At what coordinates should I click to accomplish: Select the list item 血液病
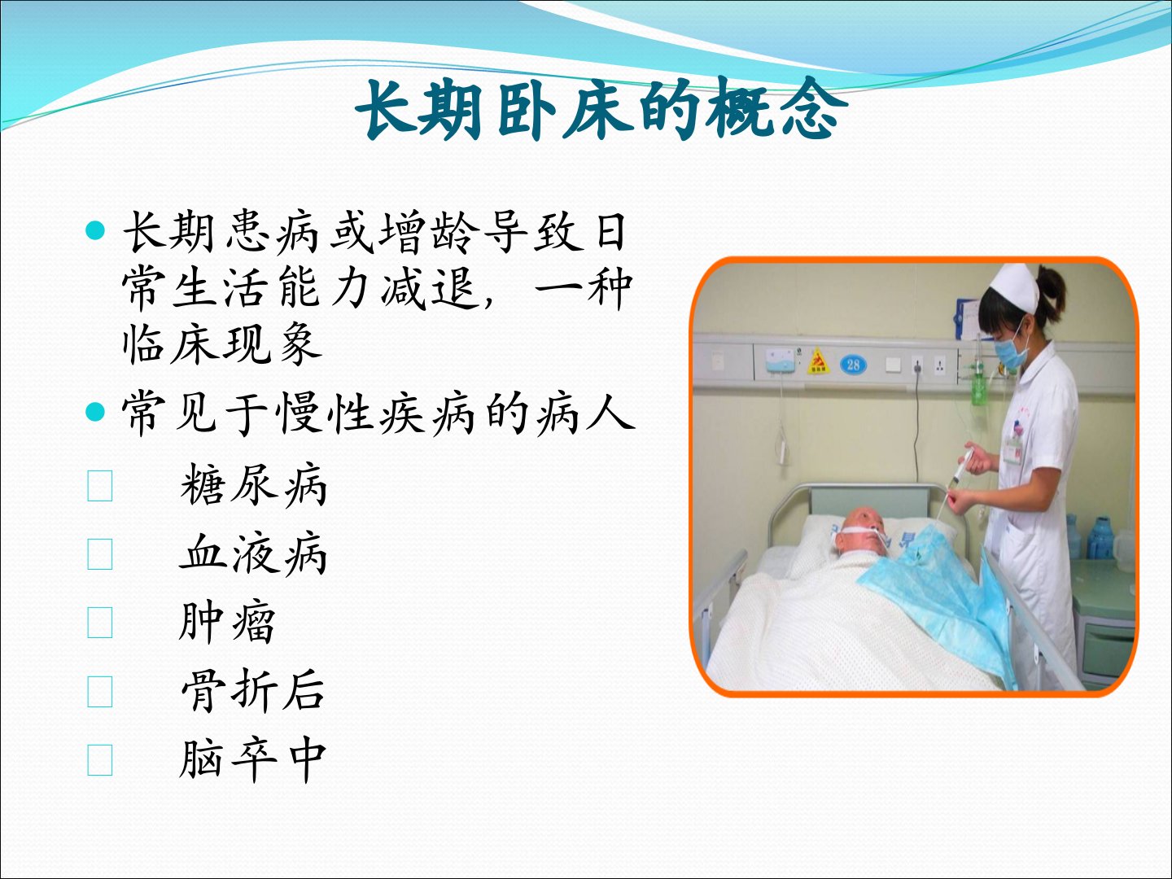pos(253,553)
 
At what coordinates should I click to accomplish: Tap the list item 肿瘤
pos(227,622)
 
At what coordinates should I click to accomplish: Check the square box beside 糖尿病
pos(100,486)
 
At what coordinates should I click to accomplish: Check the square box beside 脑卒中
pos(100,760)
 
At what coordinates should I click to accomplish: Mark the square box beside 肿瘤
pos(100,623)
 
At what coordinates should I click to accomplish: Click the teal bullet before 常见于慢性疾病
pos(95,412)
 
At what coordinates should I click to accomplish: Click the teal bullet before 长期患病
pos(95,230)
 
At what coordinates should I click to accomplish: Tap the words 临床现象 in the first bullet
pos(222,345)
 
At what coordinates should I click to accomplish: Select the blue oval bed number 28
pos(853,365)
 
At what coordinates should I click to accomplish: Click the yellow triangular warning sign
pos(818,362)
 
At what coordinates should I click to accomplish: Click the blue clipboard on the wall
pos(965,319)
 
